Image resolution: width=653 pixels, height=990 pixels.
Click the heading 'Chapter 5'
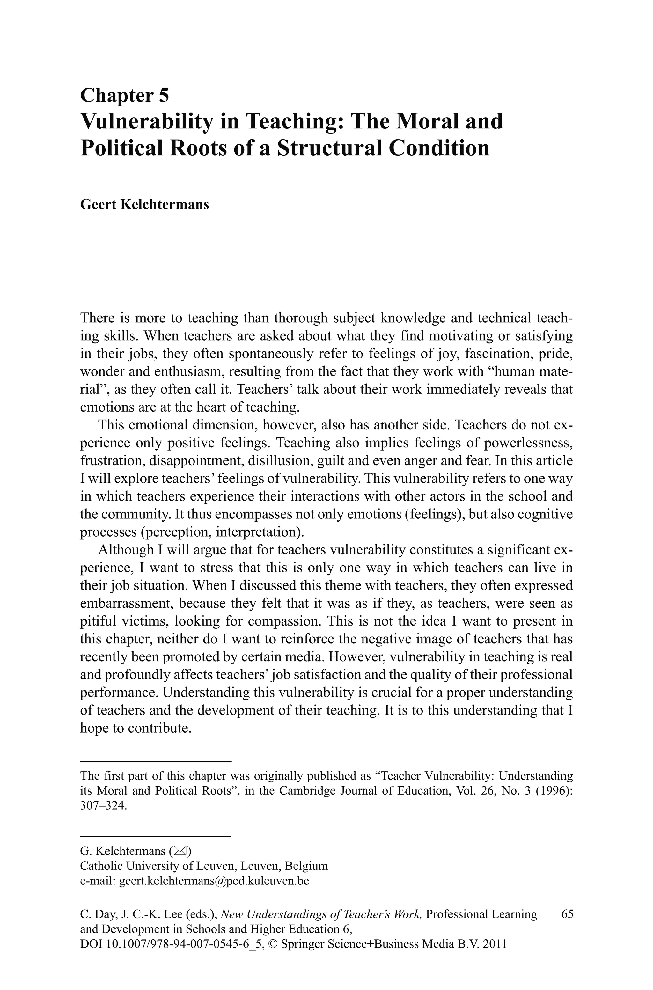[125, 95]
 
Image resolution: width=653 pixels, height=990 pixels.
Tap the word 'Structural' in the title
[329, 148]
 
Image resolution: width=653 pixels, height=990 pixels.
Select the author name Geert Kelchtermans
[144, 204]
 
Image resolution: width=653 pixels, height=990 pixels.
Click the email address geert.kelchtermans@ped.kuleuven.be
[214, 881]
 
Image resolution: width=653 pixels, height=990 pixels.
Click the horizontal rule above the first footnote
[155, 761]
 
